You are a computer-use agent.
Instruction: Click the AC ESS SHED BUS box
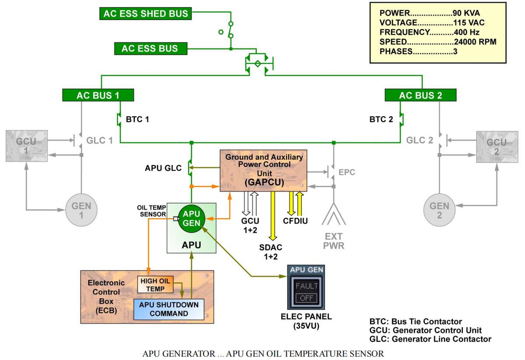coord(146,14)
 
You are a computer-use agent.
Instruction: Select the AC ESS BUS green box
coord(150,49)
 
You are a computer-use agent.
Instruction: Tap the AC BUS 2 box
coord(420,95)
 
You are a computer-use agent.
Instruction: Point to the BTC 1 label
coord(137,119)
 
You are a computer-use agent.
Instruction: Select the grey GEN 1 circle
coord(81,210)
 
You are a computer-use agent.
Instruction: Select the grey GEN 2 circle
coord(439,210)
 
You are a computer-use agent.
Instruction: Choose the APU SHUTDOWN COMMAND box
coord(168,309)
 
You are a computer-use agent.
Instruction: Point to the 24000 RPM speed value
coord(474,42)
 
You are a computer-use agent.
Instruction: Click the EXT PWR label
coord(333,241)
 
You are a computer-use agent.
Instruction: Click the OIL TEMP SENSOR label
coord(152,211)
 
